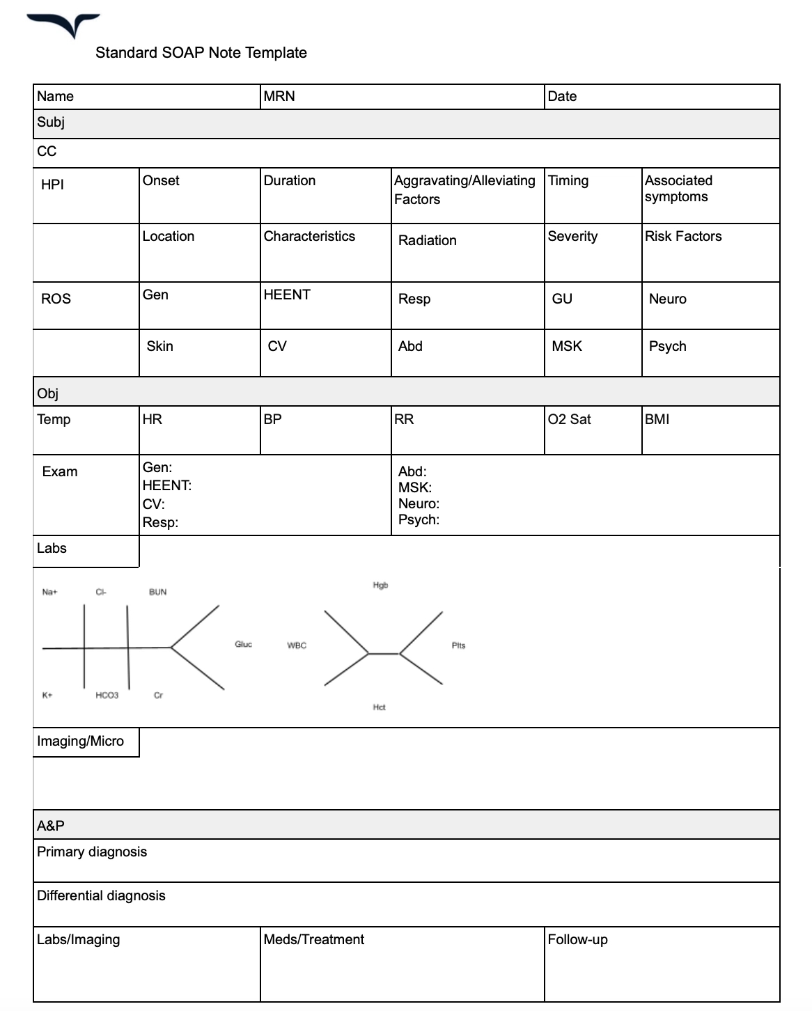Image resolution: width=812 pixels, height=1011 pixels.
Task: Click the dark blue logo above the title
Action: point(65,24)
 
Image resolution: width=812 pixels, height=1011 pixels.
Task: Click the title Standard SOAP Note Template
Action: point(201,53)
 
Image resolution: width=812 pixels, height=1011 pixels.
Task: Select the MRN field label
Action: point(279,97)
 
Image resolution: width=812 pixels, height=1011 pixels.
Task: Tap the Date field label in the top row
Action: point(562,97)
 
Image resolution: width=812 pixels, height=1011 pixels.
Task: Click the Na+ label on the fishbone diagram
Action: point(49,593)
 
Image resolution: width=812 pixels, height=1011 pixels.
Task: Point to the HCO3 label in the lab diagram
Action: point(107,696)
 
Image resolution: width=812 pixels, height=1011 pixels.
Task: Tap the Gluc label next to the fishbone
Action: point(243,645)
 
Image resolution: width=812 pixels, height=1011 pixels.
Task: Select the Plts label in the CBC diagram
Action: point(458,646)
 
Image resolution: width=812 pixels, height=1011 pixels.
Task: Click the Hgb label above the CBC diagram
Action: point(380,586)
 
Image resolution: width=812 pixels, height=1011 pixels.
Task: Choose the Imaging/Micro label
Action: point(80,742)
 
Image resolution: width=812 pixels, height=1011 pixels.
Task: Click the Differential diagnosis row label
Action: point(101,896)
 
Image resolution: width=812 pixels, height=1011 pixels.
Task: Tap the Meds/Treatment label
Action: point(313,940)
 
